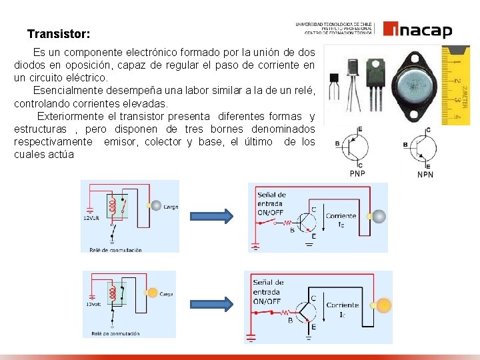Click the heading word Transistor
pos(59,33)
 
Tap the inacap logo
pos(417,31)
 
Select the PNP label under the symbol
pos(358,173)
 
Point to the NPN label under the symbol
pos(425,174)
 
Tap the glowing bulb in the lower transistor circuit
pos(384,306)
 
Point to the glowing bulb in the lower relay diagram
pos(152,292)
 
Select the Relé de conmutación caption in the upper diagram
pos(115,250)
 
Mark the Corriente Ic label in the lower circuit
pos(342,309)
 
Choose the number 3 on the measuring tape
pos(458,100)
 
